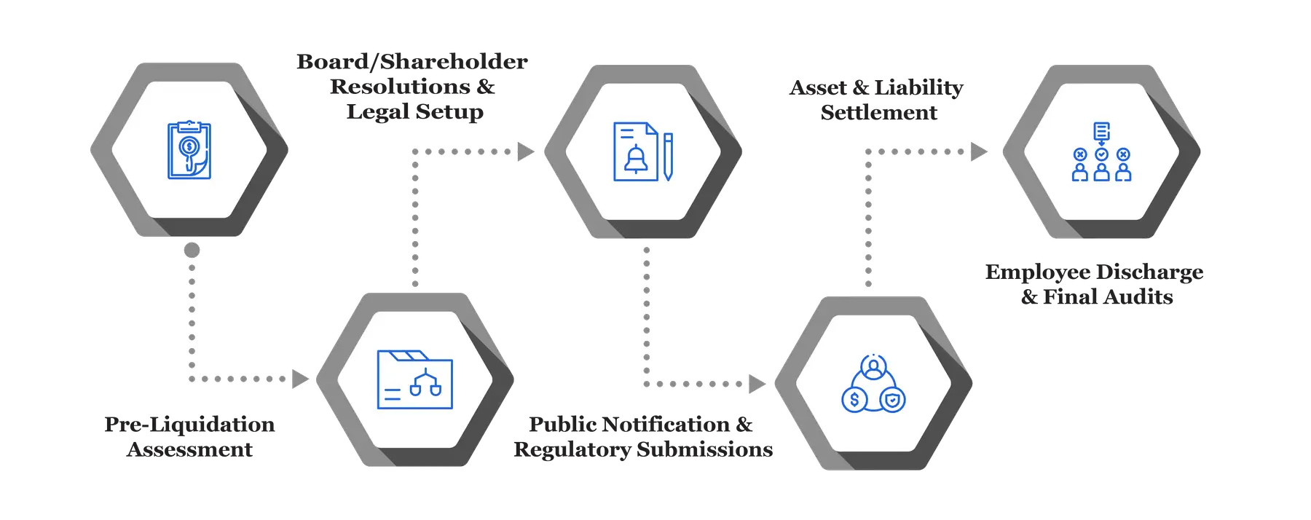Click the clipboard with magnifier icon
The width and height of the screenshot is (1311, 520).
point(189,150)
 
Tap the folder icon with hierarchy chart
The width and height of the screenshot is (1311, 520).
point(414,380)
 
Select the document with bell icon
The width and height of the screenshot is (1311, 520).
point(636,151)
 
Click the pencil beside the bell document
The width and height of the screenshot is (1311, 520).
point(668,156)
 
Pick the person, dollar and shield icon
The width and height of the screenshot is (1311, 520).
point(873,384)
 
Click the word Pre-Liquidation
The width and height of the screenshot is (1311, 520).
point(189,424)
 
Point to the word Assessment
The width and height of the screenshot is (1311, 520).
point(189,449)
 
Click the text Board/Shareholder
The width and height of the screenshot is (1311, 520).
point(412,61)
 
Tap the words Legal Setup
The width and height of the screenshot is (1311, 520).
point(414,111)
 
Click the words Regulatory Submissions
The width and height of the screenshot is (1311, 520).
point(643,449)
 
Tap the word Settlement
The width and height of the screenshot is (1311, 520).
point(879,112)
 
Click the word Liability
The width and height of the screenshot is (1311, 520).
point(918,87)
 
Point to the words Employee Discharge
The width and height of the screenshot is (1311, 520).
point(1094,272)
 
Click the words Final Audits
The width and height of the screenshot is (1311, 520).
point(1108,296)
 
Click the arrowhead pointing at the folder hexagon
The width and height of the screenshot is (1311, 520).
point(299,379)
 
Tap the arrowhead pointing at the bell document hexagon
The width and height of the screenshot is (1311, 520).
point(526,151)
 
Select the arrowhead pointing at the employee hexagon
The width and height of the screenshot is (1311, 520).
point(978,151)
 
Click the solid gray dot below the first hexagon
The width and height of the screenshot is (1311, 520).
point(192,251)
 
